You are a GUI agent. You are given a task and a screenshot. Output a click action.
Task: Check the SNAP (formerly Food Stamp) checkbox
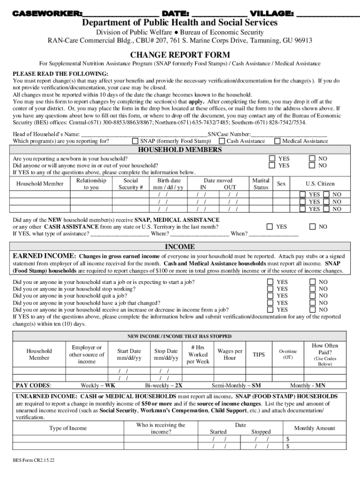[x=135, y=141]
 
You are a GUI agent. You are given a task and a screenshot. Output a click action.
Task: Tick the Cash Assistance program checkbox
[x=222, y=141]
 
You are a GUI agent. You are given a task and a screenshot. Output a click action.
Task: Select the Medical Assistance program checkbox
[x=277, y=141]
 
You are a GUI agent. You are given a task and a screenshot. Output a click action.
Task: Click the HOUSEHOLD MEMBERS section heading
[x=180, y=150]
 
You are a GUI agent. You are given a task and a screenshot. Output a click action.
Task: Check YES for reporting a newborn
[x=272, y=159]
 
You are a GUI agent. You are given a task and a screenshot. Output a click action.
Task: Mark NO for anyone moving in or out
[x=312, y=165]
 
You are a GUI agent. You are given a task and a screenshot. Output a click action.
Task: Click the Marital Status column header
[x=260, y=184]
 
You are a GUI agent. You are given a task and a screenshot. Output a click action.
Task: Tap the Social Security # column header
[x=130, y=184]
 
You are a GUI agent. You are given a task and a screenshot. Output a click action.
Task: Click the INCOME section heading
[x=180, y=247]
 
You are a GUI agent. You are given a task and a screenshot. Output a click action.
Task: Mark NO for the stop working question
[x=312, y=289]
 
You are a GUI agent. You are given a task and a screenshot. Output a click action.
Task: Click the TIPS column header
[x=259, y=355]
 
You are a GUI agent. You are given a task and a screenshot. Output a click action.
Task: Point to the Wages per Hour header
[x=230, y=355]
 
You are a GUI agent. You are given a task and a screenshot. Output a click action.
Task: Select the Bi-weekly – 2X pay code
[x=164, y=385]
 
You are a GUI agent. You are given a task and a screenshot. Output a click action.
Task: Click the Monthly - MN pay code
[x=308, y=385]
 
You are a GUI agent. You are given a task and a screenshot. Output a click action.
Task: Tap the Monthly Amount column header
[x=314, y=428]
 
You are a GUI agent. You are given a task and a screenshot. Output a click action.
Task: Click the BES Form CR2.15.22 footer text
[x=34, y=460]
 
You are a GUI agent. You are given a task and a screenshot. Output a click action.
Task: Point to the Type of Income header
[x=68, y=428]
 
